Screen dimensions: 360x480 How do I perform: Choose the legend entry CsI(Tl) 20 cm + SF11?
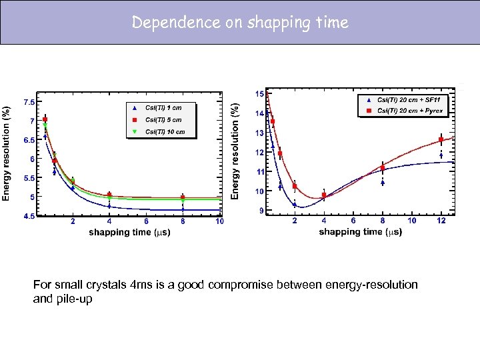413,99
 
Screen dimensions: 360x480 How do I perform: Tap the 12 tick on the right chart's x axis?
441,221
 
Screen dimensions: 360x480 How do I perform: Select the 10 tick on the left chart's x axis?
219,221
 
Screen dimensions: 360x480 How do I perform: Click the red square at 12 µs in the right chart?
441,140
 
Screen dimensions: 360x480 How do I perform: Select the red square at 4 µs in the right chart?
324,195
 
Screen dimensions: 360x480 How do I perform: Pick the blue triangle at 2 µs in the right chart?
295,205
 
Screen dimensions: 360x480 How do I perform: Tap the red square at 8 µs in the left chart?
183,197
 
